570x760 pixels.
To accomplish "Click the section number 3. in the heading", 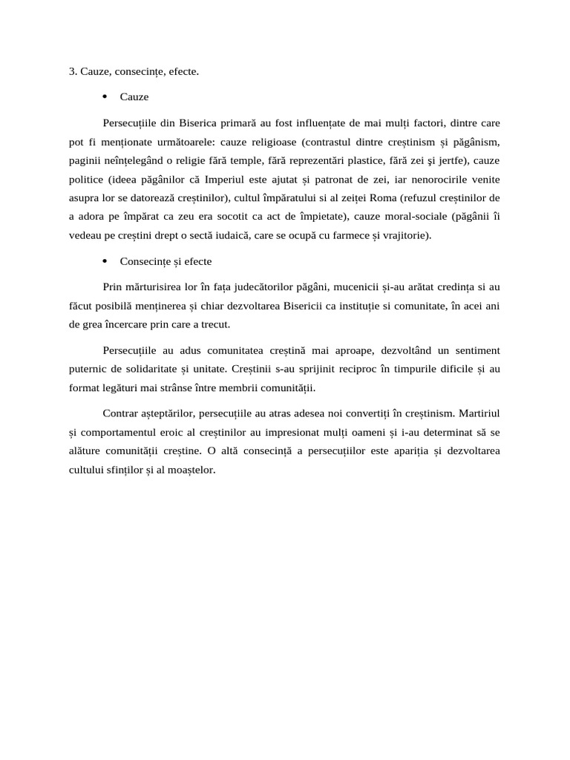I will coord(73,72).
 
